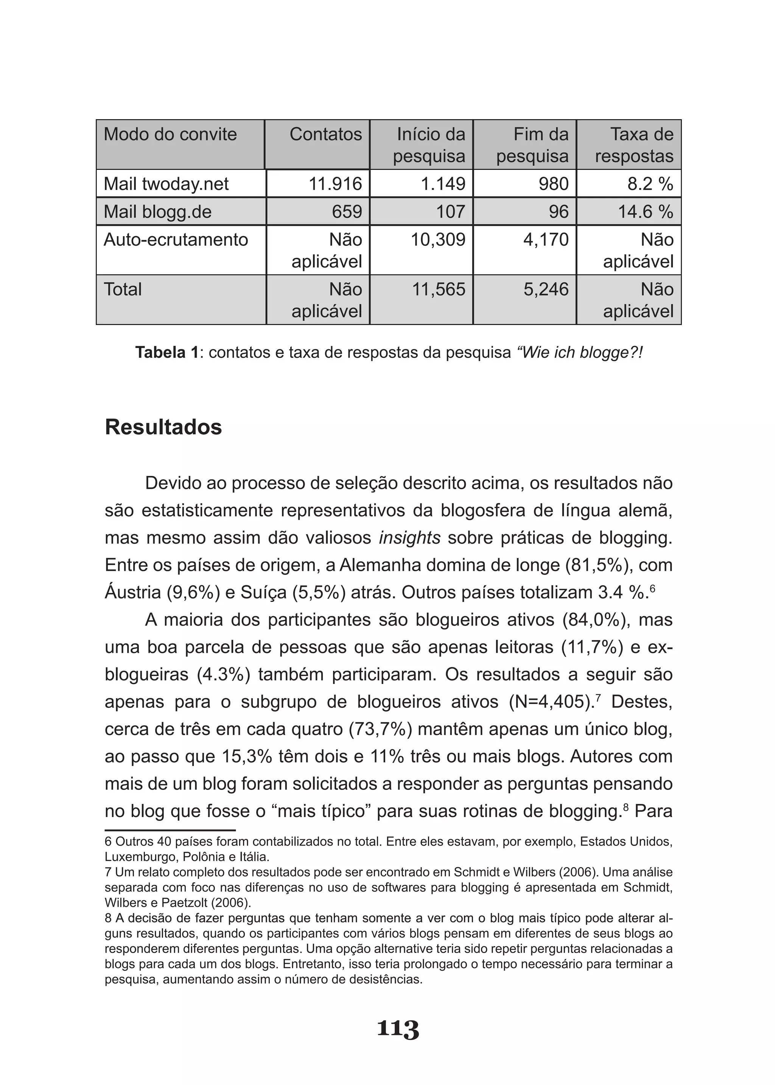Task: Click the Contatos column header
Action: [x=325, y=135]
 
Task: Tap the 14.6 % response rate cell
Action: [x=645, y=211]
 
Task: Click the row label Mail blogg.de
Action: [x=157, y=211]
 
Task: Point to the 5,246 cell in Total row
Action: [x=546, y=289]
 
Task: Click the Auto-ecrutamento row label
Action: [x=176, y=239]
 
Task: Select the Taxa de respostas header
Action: [x=634, y=145]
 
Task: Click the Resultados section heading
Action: [x=163, y=427]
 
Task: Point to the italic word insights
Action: [x=409, y=538]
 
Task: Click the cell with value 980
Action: [x=554, y=184]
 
